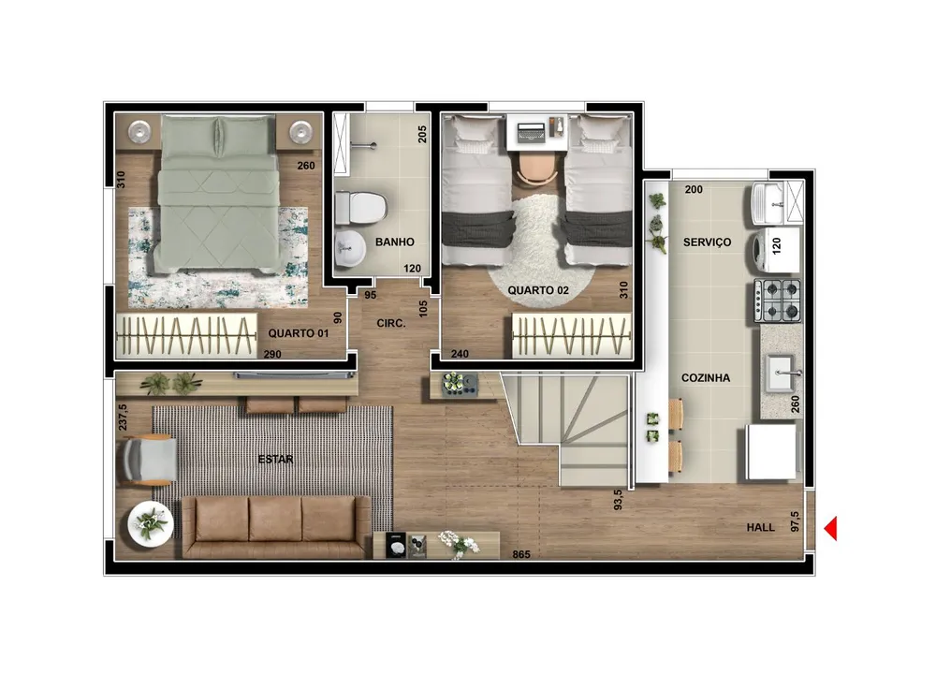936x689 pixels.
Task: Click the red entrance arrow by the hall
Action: tap(831, 528)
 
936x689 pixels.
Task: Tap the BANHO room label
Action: tap(395, 242)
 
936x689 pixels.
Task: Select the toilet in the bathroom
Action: tap(361, 208)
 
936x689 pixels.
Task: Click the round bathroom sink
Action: tap(350, 248)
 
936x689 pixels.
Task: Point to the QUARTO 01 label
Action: tap(299, 333)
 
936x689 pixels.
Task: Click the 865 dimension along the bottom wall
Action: tap(521, 554)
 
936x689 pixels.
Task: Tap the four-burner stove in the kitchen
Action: tap(777, 301)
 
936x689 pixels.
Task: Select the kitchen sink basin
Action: tap(781, 374)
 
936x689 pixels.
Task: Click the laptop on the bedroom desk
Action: tap(532, 132)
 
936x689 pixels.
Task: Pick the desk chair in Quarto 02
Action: tap(536, 169)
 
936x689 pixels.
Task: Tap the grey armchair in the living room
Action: tap(149, 459)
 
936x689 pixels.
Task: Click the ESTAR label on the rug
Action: tap(276, 459)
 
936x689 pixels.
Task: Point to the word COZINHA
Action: tap(706, 378)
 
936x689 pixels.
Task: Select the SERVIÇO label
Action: tap(708, 242)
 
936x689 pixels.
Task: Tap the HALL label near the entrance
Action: tap(760, 528)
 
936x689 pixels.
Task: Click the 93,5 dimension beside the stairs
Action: tap(618, 500)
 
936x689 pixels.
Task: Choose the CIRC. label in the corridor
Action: tap(391, 324)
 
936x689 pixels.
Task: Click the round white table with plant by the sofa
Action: tap(151, 524)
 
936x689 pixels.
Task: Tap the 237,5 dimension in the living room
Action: tap(123, 418)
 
